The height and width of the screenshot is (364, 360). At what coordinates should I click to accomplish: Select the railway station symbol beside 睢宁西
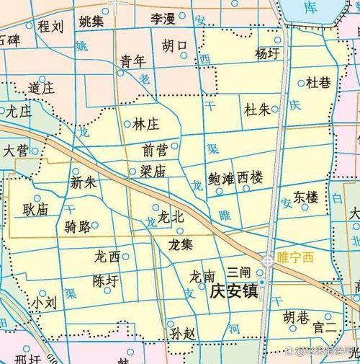click(268, 260)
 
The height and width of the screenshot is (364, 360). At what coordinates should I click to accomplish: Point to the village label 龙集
click(180, 244)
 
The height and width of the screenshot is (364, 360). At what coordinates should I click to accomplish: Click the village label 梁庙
click(153, 171)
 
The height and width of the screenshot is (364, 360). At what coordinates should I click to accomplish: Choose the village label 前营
click(156, 149)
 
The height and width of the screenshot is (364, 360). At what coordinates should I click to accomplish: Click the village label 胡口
click(174, 46)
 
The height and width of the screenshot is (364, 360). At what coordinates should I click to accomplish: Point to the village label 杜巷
click(319, 83)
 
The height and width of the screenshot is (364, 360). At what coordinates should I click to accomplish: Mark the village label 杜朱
click(257, 110)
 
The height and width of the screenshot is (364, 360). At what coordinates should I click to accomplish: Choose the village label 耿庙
click(35, 210)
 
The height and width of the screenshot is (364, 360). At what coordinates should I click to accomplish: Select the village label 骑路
click(77, 228)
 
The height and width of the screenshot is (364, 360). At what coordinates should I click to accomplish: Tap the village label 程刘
click(51, 27)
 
